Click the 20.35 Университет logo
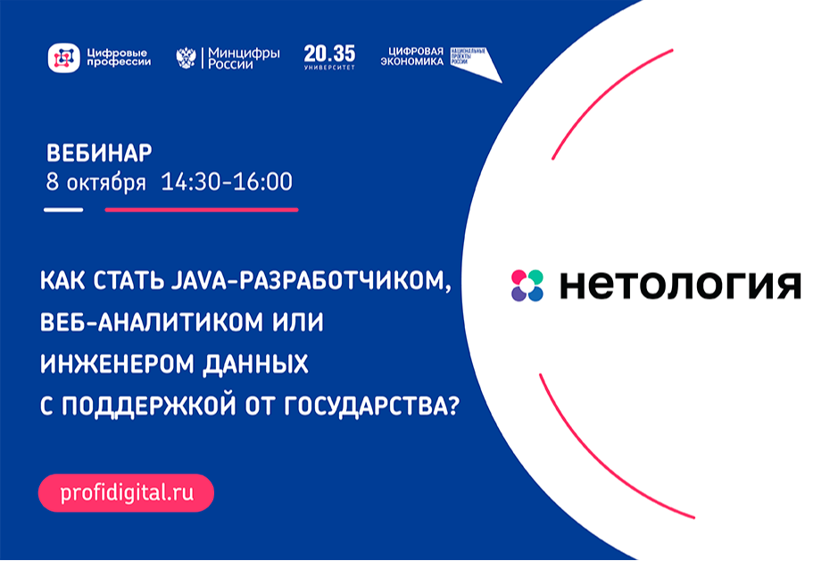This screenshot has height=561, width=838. coord(329,57)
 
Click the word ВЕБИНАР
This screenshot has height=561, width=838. coord(98,151)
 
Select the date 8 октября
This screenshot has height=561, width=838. coord(95,182)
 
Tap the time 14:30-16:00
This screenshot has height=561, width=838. coord(227,182)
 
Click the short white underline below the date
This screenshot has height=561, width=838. coord(63,210)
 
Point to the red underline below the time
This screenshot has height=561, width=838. coord(202,210)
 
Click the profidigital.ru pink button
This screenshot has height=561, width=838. coord(126,492)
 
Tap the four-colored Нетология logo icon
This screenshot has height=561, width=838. coord(527,285)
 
